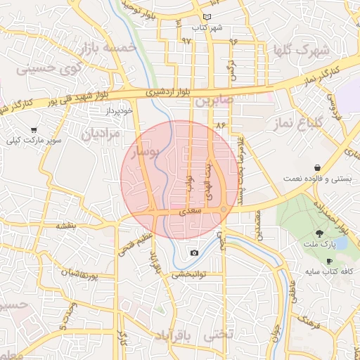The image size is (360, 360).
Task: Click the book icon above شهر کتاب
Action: click(x=207, y=17)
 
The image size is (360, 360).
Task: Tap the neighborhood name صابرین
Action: click(x=215, y=101)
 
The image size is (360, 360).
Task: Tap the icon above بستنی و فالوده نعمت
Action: click(x=319, y=168)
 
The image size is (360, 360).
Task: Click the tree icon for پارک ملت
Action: click(x=319, y=234)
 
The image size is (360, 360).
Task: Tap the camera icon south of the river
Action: click(x=194, y=253)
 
